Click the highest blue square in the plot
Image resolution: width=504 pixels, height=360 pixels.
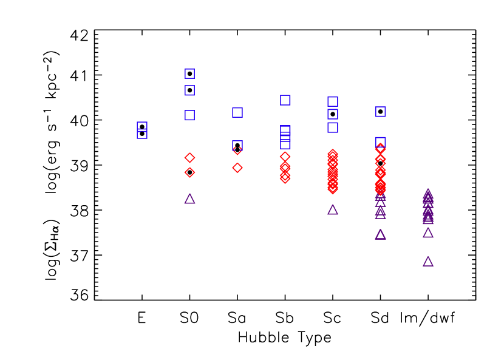[189, 73]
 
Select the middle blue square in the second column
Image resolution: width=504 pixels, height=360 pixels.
[189, 90]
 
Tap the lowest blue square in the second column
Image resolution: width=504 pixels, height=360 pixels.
[189, 115]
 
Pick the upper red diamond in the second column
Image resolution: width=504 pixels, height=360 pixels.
[189, 158]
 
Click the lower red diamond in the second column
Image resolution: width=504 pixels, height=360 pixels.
[189, 172]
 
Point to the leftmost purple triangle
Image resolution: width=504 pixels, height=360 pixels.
[189, 199]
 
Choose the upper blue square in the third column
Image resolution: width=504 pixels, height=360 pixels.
[237, 112]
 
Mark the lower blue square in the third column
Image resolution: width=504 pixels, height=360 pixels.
[237, 146]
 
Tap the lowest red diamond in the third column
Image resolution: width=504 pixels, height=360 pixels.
[237, 168]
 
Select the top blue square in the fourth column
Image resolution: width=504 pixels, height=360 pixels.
[285, 100]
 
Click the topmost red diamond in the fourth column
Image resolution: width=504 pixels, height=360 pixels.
[285, 157]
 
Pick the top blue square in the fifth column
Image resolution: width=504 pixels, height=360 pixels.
[333, 101]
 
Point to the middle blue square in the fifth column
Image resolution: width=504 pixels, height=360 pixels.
[333, 114]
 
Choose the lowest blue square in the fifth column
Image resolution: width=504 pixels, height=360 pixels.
[333, 127]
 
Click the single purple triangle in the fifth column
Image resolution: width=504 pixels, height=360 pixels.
[333, 209]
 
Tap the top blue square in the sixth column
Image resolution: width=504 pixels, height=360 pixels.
[381, 112]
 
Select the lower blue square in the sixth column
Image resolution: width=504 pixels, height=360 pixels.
[381, 142]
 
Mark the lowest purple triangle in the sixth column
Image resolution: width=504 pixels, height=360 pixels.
[381, 234]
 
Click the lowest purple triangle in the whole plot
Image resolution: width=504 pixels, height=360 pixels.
[428, 262]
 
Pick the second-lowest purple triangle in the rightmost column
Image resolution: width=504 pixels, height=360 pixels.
[428, 233]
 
